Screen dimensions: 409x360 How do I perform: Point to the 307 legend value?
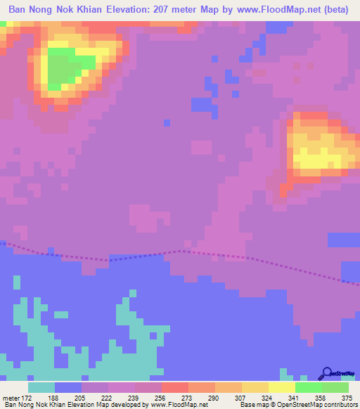point(241,397)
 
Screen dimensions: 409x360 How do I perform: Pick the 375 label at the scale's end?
point(348,397)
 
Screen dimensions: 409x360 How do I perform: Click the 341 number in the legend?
point(295,397)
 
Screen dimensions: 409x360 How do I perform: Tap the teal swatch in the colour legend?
point(41,387)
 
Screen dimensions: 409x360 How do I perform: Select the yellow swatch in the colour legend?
point(281,387)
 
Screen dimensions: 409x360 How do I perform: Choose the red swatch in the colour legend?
point(174,387)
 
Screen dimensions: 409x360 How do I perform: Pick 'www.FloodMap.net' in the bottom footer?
point(179,405)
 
